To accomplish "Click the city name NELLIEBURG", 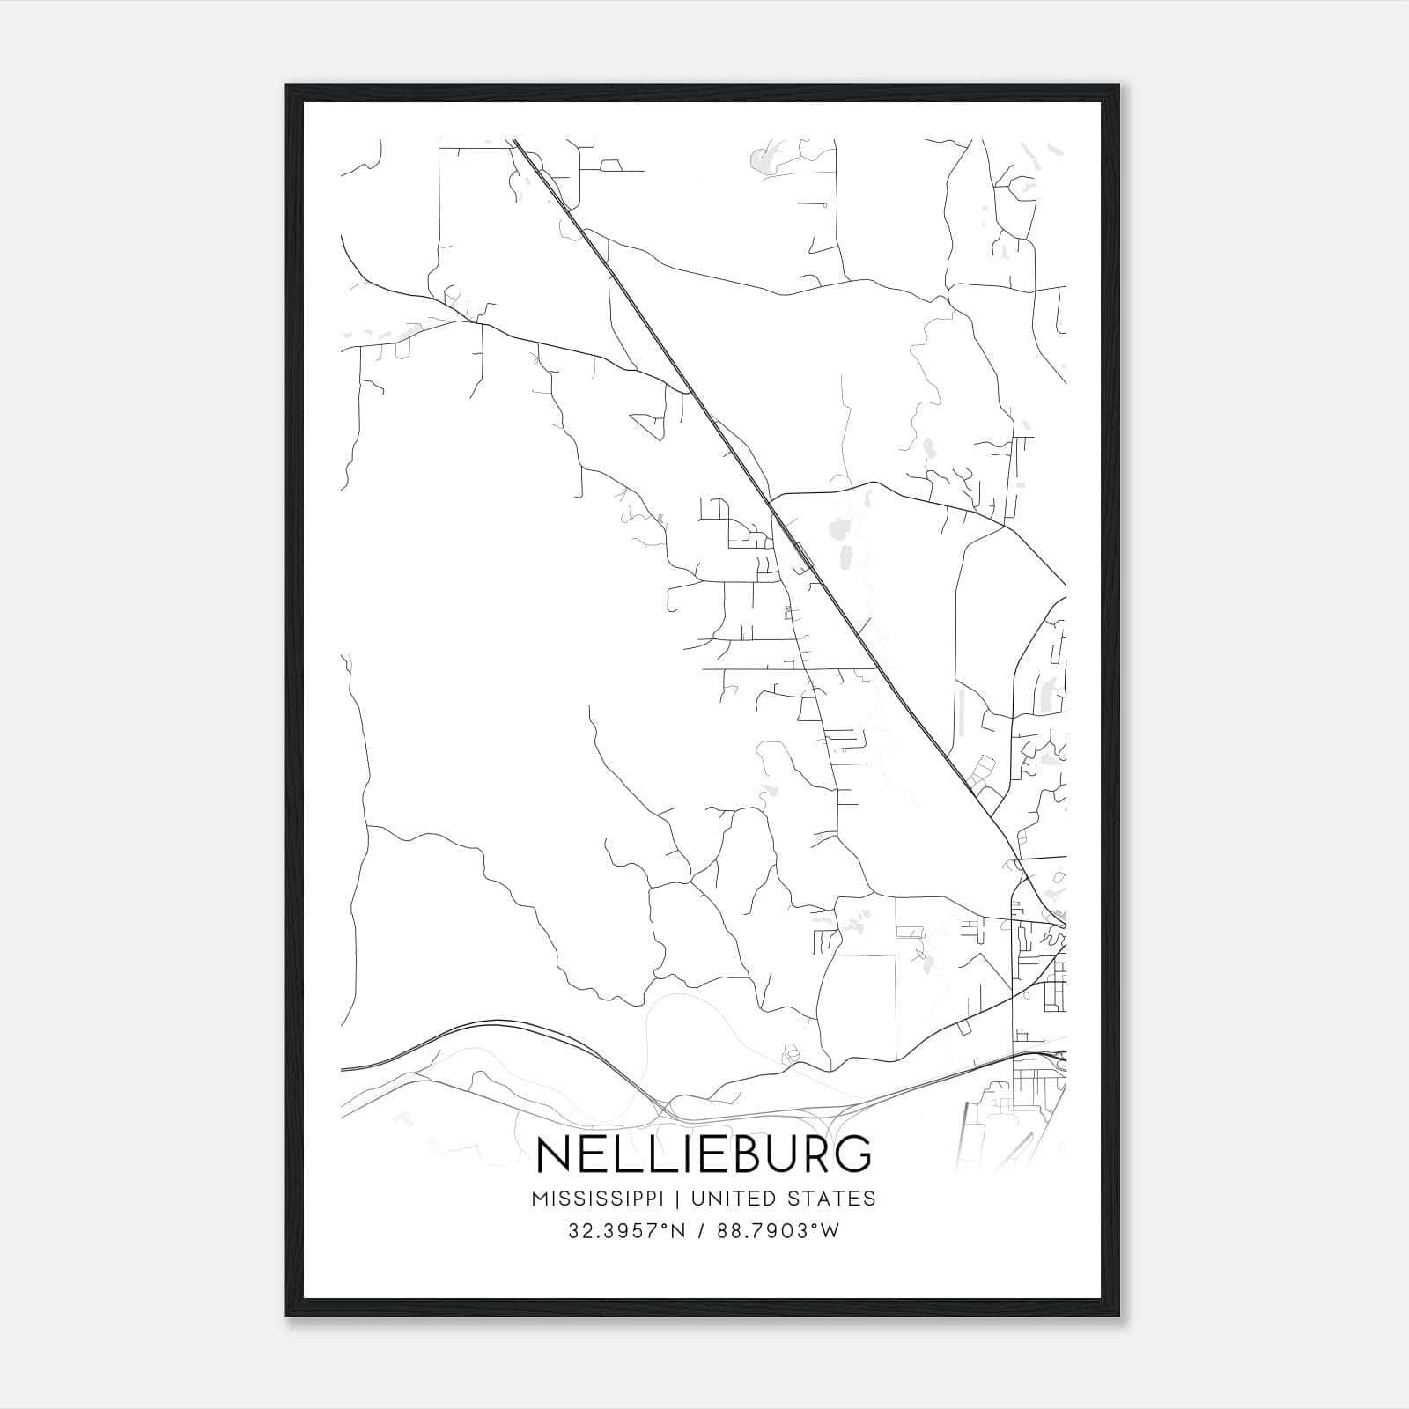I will click(x=704, y=1154).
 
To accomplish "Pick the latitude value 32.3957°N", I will click(x=627, y=1231).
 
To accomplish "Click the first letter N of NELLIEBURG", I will click(x=552, y=1154).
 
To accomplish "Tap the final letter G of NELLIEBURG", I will click(x=852, y=1154).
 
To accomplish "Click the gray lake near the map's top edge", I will click(x=758, y=161).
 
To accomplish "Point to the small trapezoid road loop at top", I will click(x=610, y=165).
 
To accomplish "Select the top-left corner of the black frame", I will click(x=287, y=85).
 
